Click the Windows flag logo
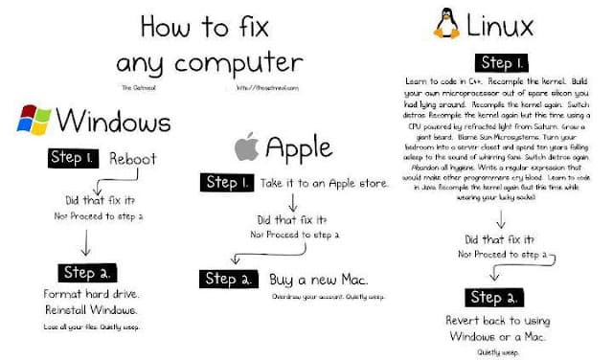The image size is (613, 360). coord(34,121)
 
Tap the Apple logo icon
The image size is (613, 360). coord(246,147)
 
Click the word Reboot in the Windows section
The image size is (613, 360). coord(133,159)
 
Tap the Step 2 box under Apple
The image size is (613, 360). coord(228,280)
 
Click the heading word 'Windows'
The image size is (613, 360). coord(113,122)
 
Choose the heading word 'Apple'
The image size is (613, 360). coord(299,148)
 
